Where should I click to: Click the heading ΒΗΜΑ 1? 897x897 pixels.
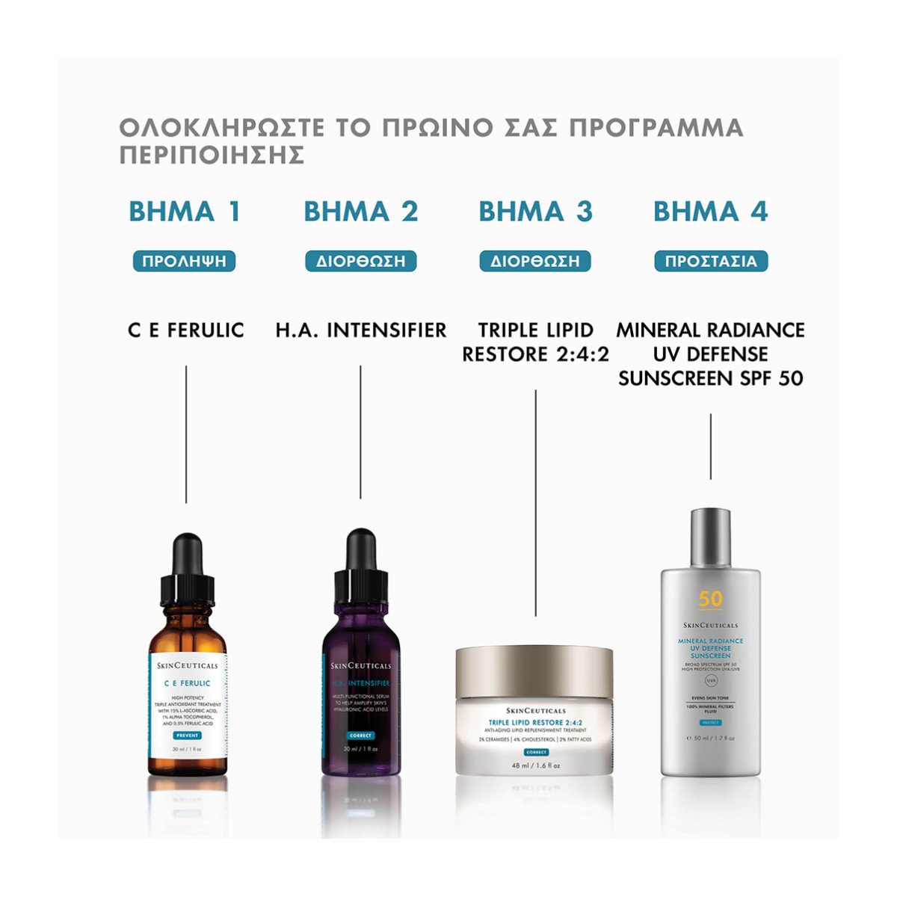pos(185,212)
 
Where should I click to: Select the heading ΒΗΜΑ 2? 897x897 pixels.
pos(360,212)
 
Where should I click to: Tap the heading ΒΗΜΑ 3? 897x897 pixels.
pos(535,212)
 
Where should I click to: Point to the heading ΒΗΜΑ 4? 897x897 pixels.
pos(710,212)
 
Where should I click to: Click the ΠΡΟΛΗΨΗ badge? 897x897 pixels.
pos(185,261)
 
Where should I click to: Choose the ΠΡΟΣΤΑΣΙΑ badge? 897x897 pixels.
pos(711,261)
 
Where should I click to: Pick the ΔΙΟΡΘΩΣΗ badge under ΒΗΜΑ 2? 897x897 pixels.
pos(360,261)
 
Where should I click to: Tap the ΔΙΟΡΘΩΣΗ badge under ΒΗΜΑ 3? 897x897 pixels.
pos(535,261)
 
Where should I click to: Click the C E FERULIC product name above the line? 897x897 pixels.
pos(186,330)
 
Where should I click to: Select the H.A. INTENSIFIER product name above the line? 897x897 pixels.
pos(360,330)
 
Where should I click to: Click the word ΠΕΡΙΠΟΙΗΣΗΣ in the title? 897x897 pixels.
pos(212,155)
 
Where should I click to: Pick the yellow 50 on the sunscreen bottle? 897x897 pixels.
pos(710,599)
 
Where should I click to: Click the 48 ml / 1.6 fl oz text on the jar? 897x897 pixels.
pos(535,765)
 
